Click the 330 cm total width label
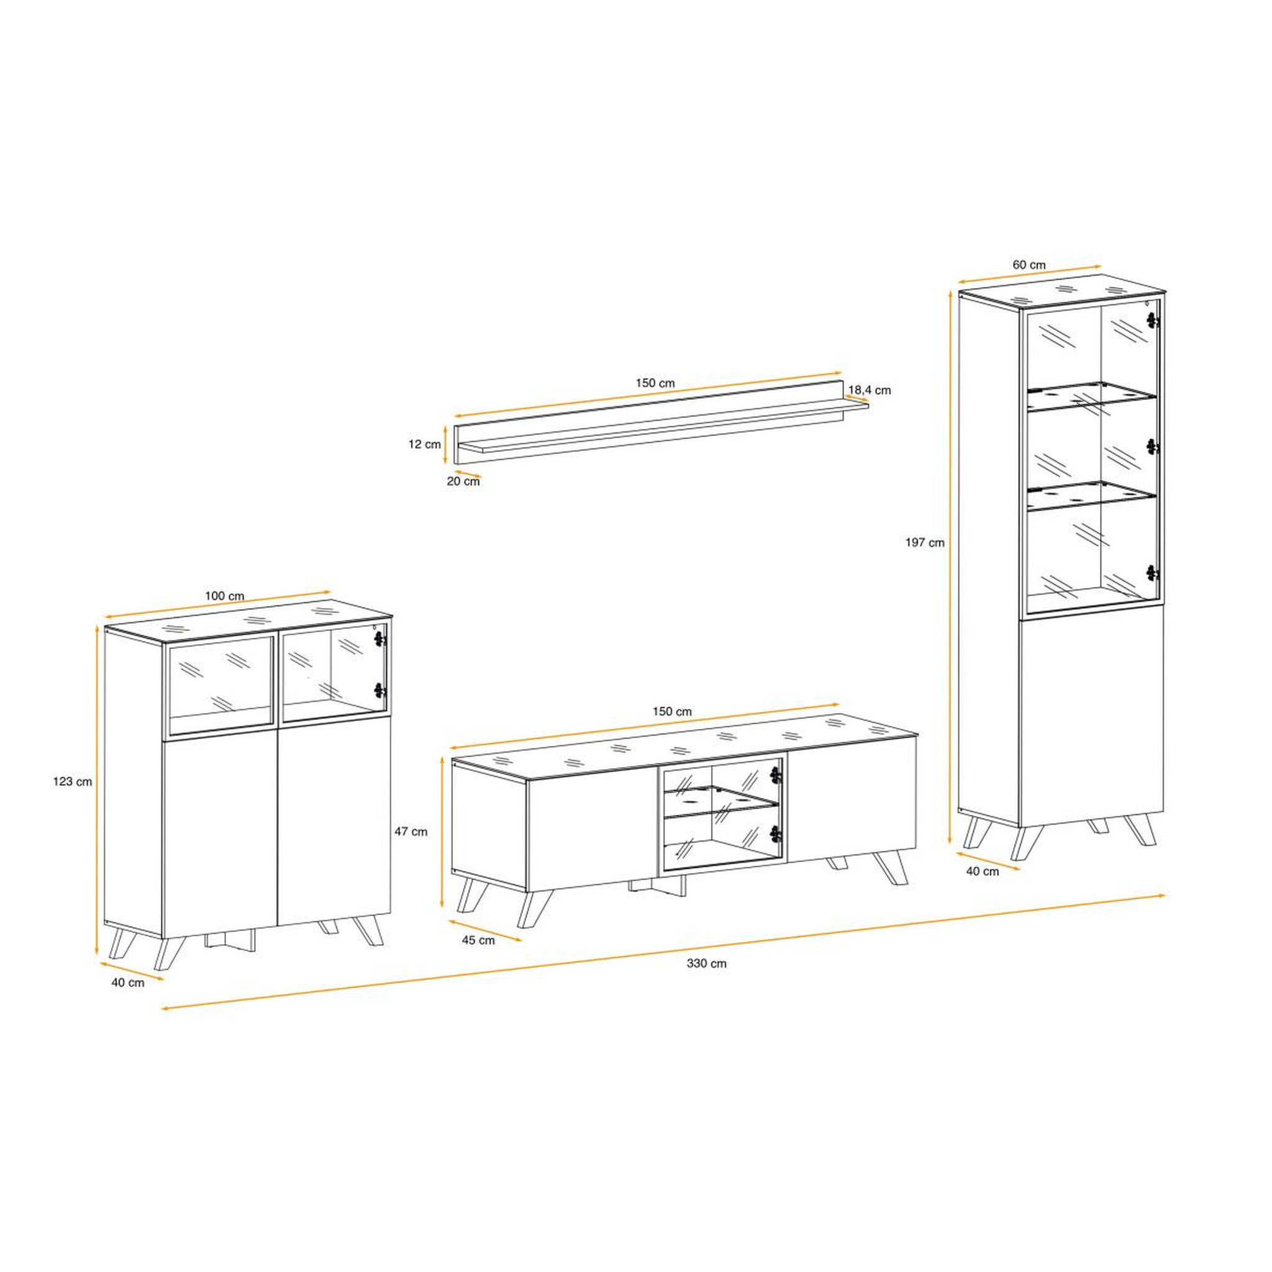[x=706, y=963]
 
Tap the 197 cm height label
[x=925, y=542]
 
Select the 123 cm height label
[x=73, y=782]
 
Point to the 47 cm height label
[x=411, y=832]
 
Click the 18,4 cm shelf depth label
[x=870, y=390]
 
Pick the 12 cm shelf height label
[x=425, y=445]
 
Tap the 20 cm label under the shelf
[x=463, y=481]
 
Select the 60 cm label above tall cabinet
[x=1029, y=265]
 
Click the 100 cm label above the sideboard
[x=224, y=596]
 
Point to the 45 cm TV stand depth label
[x=478, y=940]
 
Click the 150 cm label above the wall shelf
[x=655, y=383]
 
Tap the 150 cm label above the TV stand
[x=672, y=712]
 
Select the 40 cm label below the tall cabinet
[x=983, y=871]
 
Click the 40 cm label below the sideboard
[x=128, y=983]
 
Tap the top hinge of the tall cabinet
[x=1152, y=320]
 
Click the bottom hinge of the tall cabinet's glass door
[x=1152, y=573]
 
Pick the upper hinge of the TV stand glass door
[x=776, y=775]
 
